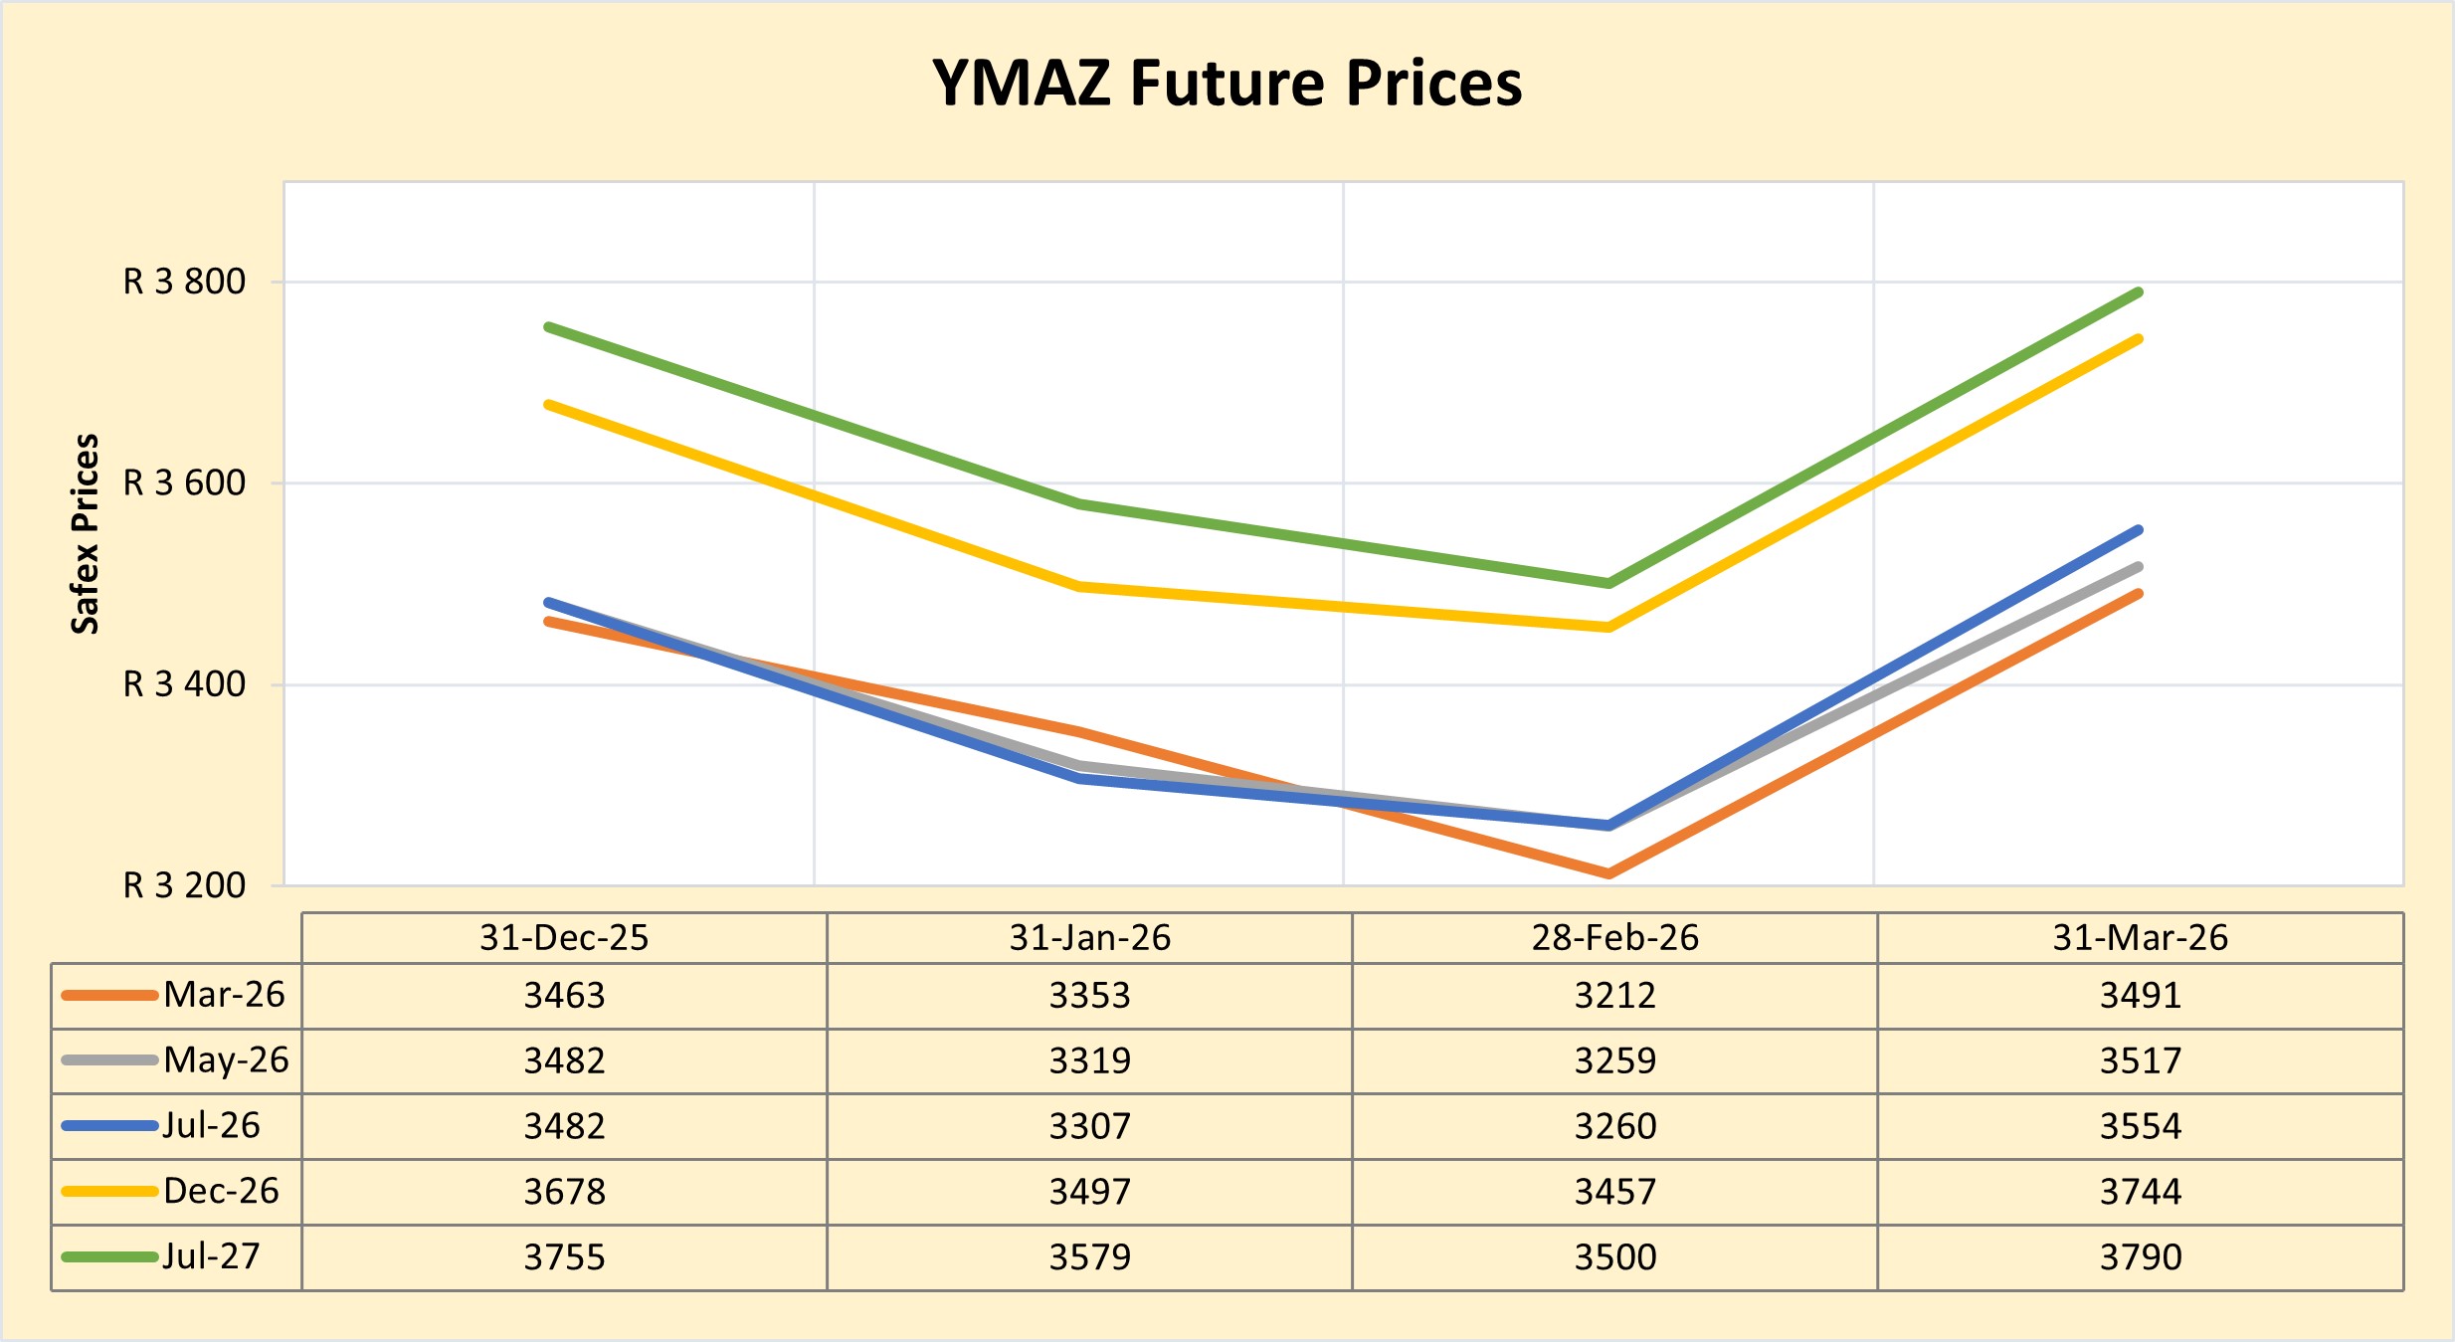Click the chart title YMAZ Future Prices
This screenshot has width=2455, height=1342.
[x=1227, y=83]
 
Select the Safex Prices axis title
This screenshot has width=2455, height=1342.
[x=86, y=533]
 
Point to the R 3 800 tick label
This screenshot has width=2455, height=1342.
[x=184, y=283]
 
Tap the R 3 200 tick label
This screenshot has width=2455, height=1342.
[x=184, y=885]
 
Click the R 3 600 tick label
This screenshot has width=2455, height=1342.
[x=184, y=483]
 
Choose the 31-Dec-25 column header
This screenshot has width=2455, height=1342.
[x=564, y=938]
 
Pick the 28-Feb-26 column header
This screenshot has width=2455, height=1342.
[x=1614, y=938]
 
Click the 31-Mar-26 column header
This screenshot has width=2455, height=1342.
[x=2140, y=938]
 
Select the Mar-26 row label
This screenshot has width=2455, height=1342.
[x=224, y=995]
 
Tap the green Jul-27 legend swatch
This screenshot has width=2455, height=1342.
[x=109, y=1257]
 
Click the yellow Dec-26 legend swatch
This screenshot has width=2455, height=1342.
[x=109, y=1192]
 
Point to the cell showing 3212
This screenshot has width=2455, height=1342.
[x=1614, y=996]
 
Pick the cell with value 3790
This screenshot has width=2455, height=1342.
[x=2140, y=1257]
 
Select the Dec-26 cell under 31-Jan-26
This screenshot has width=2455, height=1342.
[x=1089, y=1192]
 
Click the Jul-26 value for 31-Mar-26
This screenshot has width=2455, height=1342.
[x=2140, y=1126]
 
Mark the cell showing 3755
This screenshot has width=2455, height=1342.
[x=564, y=1257]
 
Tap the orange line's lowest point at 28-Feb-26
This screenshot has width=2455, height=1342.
[x=1608, y=873]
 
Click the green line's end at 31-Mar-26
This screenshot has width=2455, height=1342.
[x=2139, y=292]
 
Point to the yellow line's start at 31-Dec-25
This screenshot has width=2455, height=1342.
[x=548, y=405]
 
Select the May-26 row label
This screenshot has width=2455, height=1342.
[x=226, y=1060]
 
